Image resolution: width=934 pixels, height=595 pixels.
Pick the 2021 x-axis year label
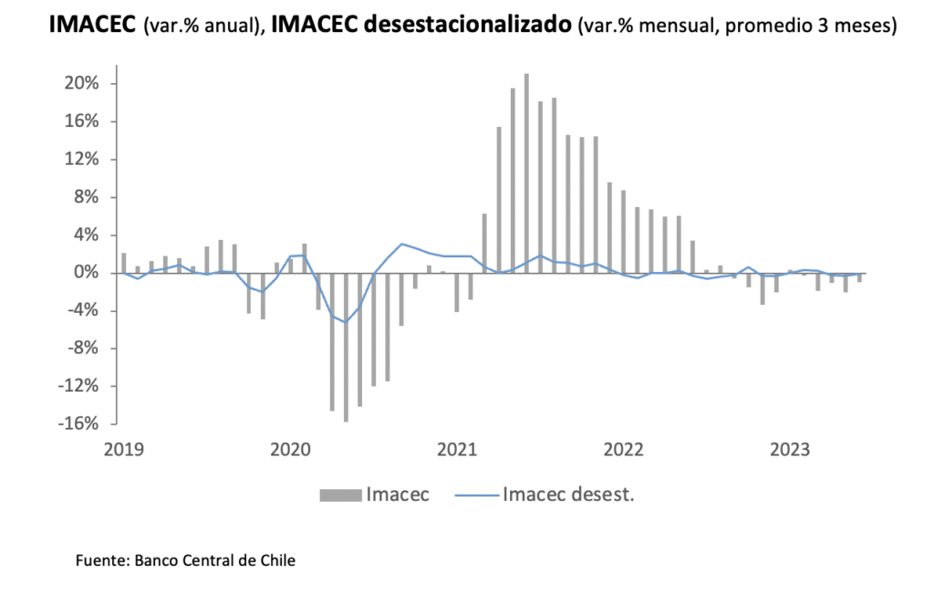[x=457, y=449]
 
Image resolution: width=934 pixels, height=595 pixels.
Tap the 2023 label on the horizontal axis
[x=791, y=449]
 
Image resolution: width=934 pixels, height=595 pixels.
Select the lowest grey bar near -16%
[x=346, y=347]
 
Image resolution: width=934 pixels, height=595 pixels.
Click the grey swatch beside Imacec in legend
[x=339, y=496]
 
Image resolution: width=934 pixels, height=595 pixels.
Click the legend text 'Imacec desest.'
[x=567, y=496]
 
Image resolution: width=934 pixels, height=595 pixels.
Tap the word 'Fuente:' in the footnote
[x=102, y=559]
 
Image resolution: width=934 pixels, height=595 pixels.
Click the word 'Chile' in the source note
[x=277, y=559]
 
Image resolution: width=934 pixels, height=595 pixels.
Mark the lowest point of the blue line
[x=346, y=322]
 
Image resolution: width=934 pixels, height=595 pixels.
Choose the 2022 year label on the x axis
[x=624, y=449]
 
